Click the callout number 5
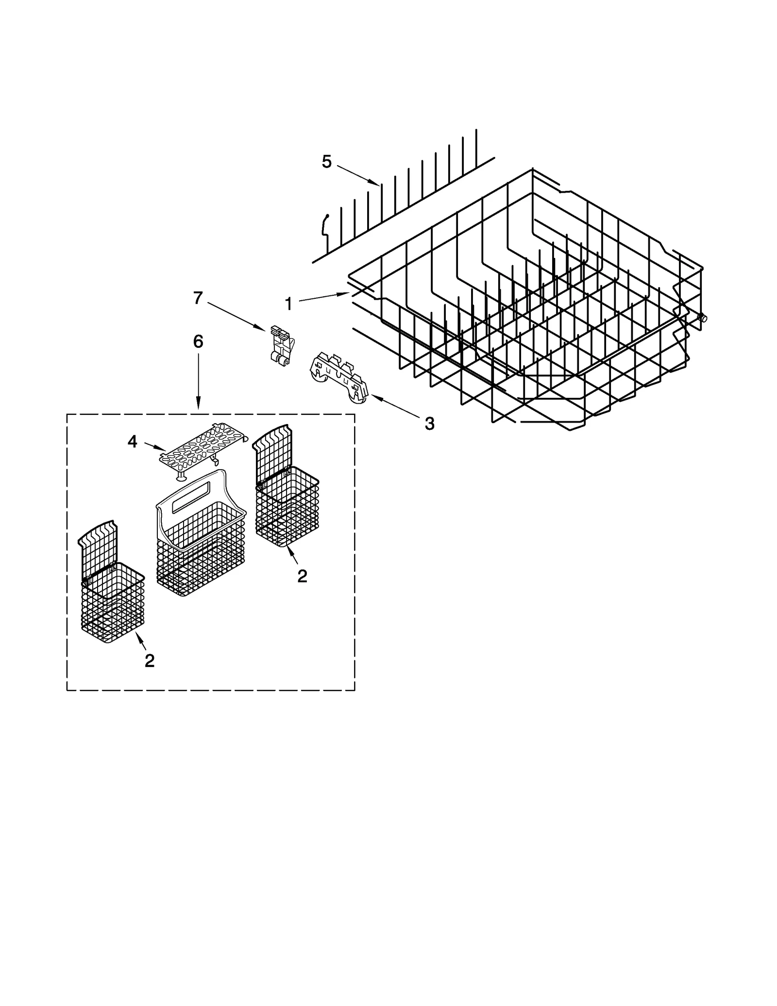point(326,162)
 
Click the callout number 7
point(198,298)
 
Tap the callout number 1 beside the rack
point(288,304)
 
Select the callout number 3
point(429,424)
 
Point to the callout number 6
point(198,341)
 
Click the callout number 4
point(133,442)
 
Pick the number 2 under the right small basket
point(302,576)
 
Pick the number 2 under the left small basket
point(150,660)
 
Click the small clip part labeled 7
point(281,345)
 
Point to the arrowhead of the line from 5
point(377,184)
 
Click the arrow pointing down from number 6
point(198,384)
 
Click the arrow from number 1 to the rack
point(323,297)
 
